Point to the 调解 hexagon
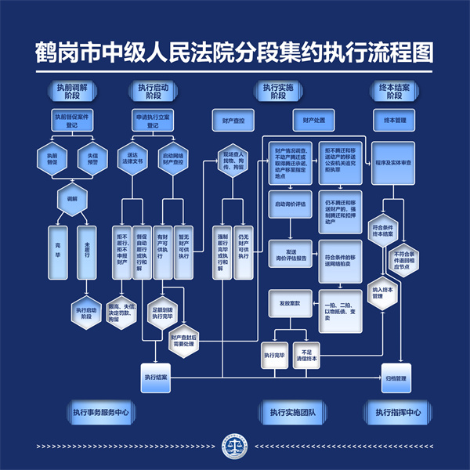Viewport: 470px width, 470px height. pos(71,200)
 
